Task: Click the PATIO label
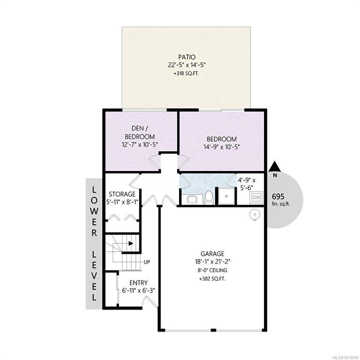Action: [x=187, y=57]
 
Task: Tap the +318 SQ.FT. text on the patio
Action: [x=186, y=74]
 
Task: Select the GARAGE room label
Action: [x=212, y=254]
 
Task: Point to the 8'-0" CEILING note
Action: [x=213, y=270]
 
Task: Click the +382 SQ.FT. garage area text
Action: [x=212, y=279]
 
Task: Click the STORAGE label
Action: [x=122, y=194]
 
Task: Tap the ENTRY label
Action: [x=138, y=283]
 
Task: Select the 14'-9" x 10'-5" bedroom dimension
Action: [x=222, y=147]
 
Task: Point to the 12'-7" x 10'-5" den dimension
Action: [x=140, y=145]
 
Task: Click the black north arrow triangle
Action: [x=275, y=167]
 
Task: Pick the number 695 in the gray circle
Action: [x=278, y=196]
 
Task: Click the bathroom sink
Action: [x=191, y=200]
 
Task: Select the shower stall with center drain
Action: [x=226, y=196]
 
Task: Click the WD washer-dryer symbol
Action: [x=256, y=197]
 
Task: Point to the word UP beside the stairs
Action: [x=147, y=262]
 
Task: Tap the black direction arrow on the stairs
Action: [x=131, y=243]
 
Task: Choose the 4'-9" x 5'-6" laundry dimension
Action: [x=247, y=184]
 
